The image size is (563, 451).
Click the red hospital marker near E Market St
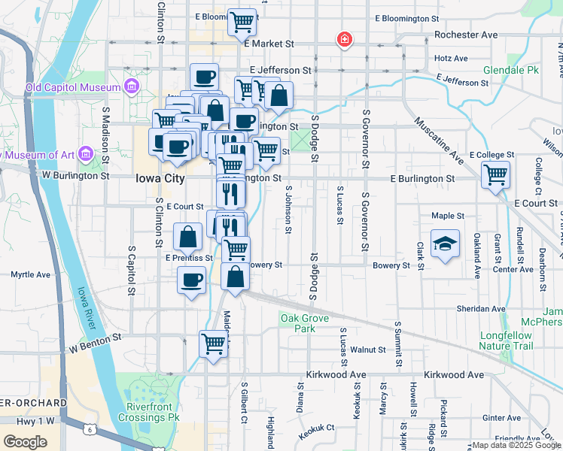click(x=344, y=38)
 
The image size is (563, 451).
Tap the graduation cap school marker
click(x=445, y=244)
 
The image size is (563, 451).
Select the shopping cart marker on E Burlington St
click(x=495, y=175)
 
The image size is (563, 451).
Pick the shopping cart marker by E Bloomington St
click(x=242, y=23)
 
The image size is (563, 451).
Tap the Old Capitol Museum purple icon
click(x=132, y=87)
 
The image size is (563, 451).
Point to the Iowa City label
click(x=160, y=179)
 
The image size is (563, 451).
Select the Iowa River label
click(x=87, y=307)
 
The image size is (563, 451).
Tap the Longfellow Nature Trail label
click(x=506, y=341)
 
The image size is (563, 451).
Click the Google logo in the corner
click(x=26, y=442)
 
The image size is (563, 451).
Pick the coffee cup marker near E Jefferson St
click(x=204, y=76)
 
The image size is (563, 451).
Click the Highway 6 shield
click(x=90, y=429)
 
